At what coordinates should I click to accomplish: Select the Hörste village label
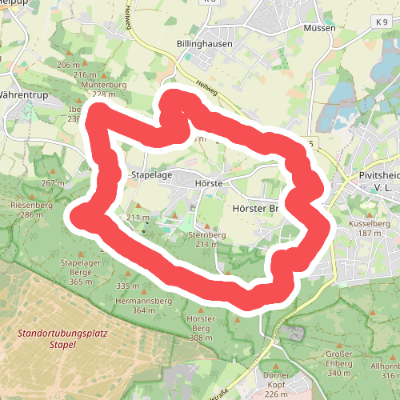208,183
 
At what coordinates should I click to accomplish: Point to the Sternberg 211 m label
206,239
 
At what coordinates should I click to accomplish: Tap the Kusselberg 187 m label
369,229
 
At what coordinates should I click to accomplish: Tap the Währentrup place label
24,94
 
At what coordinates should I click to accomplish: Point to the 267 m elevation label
52,183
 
